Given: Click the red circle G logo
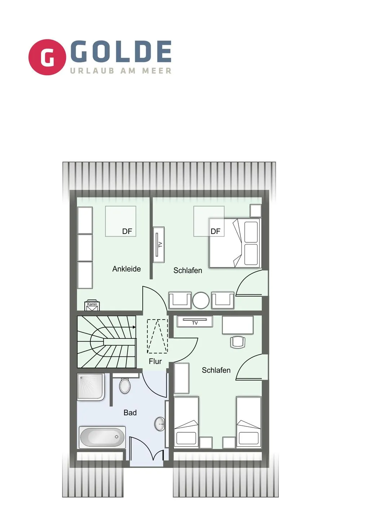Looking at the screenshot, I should click(47, 57).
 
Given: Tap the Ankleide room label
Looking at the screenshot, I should click(126, 269).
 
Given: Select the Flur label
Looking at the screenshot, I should click(155, 361).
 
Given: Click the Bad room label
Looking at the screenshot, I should click(130, 413).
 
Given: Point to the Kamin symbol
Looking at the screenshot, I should click(92, 306).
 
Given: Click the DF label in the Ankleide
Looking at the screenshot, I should click(127, 231).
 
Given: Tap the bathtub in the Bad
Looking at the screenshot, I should click(102, 437).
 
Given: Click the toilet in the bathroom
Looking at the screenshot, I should click(125, 386).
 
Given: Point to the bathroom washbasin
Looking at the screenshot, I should click(160, 424).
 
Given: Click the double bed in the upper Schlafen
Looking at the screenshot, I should click(234, 243).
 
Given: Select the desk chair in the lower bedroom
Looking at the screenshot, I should click(238, 342).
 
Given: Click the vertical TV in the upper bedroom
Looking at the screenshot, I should click(159, 244).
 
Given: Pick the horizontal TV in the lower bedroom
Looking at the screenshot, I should click(195, 321).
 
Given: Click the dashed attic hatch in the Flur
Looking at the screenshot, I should click(157, 336).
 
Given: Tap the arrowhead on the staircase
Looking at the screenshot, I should click(134, 327).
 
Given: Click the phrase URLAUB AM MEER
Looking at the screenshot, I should click(121, 71).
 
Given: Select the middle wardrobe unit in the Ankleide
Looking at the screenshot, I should click(85, 248).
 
